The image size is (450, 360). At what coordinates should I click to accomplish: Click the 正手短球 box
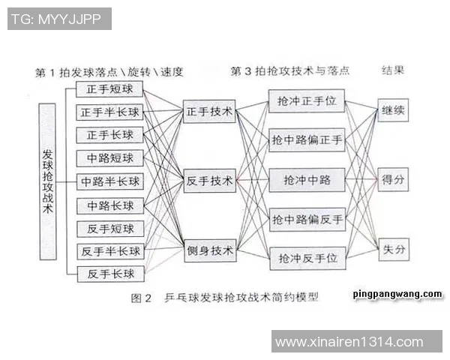tap(109, 89)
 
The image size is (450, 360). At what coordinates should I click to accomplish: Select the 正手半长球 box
tap(109, 112)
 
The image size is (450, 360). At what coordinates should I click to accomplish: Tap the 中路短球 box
tap(110, 158)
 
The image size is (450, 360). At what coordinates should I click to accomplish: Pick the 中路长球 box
tap(110, 205)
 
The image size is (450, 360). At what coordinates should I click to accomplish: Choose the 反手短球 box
tap(110, 229)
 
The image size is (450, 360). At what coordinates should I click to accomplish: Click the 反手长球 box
tap(111, 274)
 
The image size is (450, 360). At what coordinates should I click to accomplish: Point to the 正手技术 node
tap(209, 112)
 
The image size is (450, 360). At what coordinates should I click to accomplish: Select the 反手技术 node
tap(209, 181)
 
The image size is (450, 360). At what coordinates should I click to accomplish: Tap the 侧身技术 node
tap(210, 250)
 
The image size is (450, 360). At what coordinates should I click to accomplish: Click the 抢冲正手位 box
tap(307, 101)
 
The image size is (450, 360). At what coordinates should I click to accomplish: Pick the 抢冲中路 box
tap(307, 180)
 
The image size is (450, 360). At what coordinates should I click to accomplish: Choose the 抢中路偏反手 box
tap(307, 220)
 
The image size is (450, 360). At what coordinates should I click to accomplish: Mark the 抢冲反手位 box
tap(307, 259)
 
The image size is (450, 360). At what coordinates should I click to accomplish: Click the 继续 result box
tap(393, 110)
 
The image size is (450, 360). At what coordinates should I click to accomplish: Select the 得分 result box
tap(393, 180)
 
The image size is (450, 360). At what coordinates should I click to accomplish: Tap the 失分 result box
tap(394, 250)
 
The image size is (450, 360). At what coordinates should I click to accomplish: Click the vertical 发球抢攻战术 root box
tap(48, 181)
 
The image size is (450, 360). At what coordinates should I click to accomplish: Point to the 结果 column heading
tap(393, 70)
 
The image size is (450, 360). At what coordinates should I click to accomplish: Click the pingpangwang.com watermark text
tap(397, 294)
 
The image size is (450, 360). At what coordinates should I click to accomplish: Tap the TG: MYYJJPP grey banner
tap(59, 19)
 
